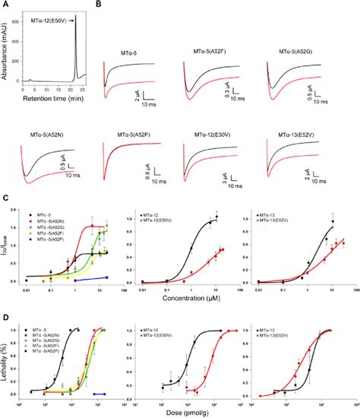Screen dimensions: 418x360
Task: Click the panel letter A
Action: coord(5,5)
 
